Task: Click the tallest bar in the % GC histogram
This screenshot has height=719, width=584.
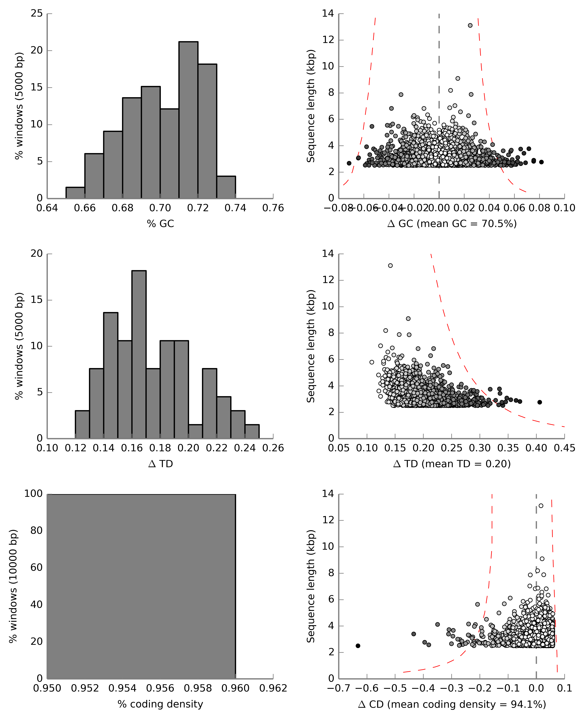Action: [188, 120]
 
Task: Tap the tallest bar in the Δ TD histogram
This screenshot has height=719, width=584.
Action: [139, 354]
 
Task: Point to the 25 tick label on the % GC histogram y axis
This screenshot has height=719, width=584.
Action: [37, 14]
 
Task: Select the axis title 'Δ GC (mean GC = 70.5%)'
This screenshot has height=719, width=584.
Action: [452, 224]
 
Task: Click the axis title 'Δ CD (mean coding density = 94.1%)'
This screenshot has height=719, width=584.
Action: [452, 704]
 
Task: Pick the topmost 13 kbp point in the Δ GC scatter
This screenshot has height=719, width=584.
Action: [470, 25]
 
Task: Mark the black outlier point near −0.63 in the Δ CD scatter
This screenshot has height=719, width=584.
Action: [358, 646]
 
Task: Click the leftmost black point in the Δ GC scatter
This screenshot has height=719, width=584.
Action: [349, 163]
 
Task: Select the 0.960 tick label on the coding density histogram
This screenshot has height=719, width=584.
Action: [235, 688]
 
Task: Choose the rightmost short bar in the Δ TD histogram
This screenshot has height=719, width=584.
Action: [252, 431]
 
